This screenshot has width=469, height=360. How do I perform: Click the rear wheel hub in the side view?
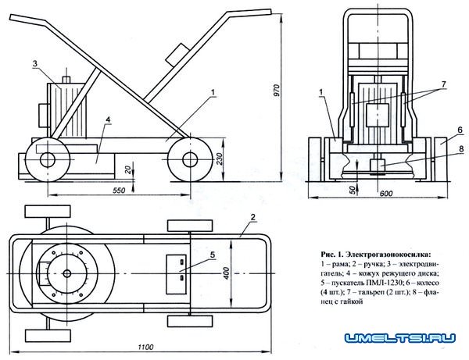pyautogui.click(x=44, y=159)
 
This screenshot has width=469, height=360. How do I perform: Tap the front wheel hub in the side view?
pyautogui.click(x=188, y=159)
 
